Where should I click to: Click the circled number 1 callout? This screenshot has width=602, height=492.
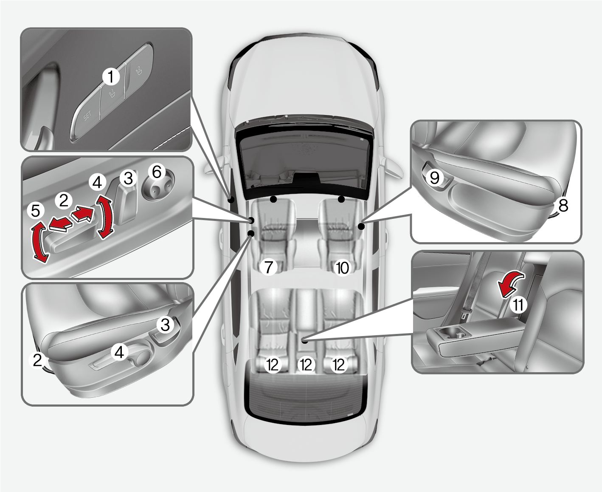pos(111,77)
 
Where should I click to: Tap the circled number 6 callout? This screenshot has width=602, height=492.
pos(157,172)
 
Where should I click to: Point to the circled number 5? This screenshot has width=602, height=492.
pos(35,211)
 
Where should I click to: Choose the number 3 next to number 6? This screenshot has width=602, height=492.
pos(128,178)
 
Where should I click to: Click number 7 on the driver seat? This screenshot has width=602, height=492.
pos(268,267)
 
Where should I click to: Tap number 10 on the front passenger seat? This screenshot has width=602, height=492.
pos(342,268)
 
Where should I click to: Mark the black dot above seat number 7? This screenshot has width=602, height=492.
pos(274,199)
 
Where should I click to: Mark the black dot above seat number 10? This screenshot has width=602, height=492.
pos(341,199)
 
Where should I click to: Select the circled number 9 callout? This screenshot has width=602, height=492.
pos(434,177)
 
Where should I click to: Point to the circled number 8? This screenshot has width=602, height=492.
pos(563,206)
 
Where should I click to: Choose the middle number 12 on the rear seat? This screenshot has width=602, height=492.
pos(306,365)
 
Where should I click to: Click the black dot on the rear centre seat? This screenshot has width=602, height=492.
pos(305,340)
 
